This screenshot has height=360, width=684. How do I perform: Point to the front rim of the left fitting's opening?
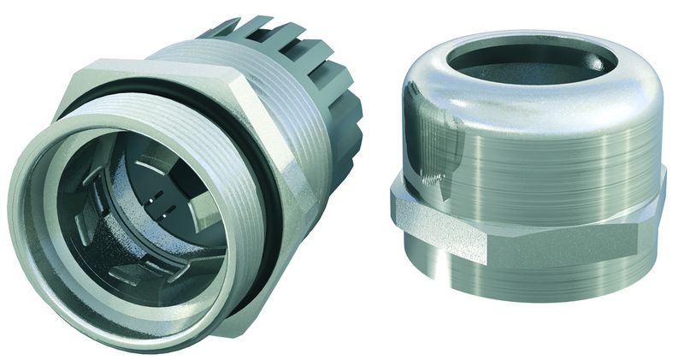pyautogui.click(x=34, y=214)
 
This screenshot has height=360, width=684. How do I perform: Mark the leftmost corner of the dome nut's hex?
pyautogui.click(x=392, y=205)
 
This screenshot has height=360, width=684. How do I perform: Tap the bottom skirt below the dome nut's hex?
pyautogui.click(x=547, y=274)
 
